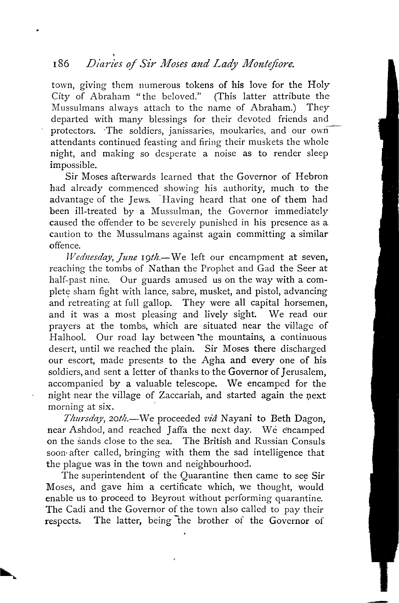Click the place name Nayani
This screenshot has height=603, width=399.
click(236, 418)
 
